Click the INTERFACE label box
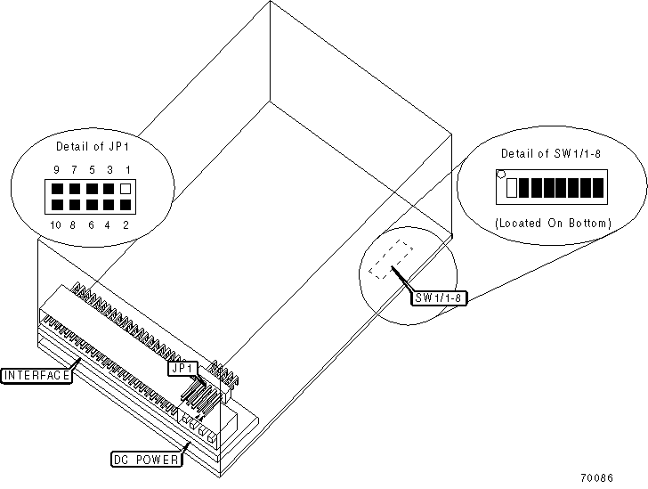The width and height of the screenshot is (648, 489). point(36,375)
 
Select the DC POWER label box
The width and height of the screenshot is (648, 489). point(146,460)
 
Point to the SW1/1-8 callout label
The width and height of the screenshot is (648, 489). point(440,297)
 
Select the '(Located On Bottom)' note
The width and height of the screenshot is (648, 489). point(553,223)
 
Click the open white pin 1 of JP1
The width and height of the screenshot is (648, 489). point(126,189)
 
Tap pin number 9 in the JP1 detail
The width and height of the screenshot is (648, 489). point(56,169)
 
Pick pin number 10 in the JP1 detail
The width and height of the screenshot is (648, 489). point(56,225)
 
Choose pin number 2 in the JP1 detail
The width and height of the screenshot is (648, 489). point(126,225)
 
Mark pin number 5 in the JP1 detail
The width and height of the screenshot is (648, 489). point(91,169)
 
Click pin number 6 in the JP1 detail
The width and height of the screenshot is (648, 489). point(91,225)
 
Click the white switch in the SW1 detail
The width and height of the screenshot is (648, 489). point(511,188)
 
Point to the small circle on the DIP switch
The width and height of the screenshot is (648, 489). point(501,175)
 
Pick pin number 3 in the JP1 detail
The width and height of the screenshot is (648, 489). point(109,169)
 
